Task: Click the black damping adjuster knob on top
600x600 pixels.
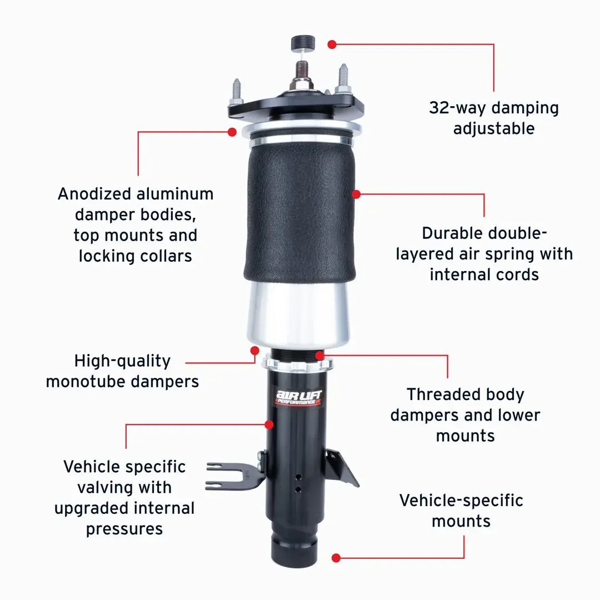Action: [303, 43]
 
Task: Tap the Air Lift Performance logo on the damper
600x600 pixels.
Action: [299, 398]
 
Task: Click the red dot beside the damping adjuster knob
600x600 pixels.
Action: [332, 44]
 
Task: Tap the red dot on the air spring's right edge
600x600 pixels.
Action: [356, 194]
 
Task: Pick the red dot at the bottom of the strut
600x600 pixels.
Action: [336, 558]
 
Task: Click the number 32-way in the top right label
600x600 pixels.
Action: [458, 108]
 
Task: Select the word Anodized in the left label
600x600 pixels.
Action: [94, 194]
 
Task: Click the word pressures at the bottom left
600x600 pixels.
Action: [124, 529]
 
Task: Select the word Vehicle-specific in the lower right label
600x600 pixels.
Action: [461, 501]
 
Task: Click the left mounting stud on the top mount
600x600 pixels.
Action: [237, 91]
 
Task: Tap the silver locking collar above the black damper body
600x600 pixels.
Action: [297, 363]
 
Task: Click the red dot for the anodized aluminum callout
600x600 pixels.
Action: [232, 132]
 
